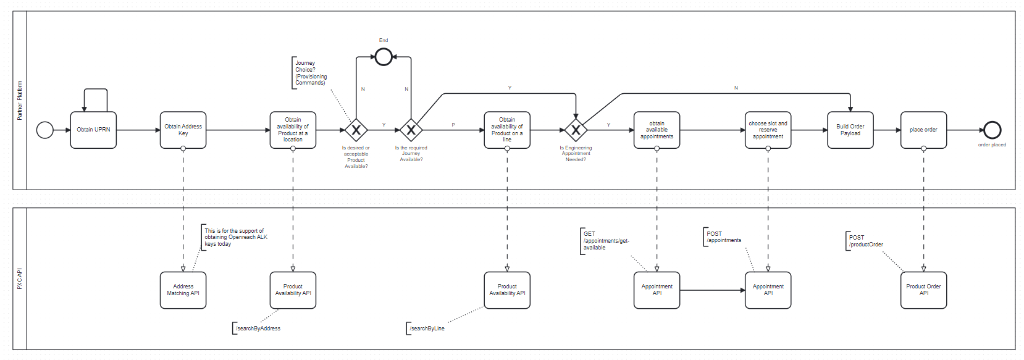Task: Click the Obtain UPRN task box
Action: point(93,130)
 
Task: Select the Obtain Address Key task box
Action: point(183,130)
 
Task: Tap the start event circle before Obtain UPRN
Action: point(45,130)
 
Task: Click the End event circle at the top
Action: point(384,57)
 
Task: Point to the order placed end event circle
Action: point(992,130)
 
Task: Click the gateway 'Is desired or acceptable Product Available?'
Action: point(356,130)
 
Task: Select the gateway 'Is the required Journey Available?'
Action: point(411,130)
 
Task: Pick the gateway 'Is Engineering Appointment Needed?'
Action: point(576,130)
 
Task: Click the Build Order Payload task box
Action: point(850,130)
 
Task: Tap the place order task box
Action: point(923,130)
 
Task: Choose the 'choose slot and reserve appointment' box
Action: point(768,130)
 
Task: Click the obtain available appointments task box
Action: point(657,130)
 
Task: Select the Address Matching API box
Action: point(183,290)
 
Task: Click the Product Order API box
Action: point(923,290)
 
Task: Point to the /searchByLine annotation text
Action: point(427,329)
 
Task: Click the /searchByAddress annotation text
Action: point(258,329)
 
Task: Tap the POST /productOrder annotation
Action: point(865,241)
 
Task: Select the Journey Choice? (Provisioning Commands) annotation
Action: point(310,73)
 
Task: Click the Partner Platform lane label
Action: point(20,100)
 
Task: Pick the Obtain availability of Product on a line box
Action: point(507,130)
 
